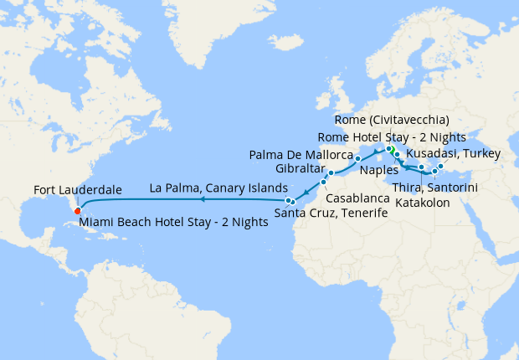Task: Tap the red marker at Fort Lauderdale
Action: click(x=77, y=210)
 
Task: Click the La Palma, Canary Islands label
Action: click(x=218, y=187)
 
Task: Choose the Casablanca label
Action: click(x=357, y=198)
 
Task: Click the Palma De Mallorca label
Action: click(x=301, y=156)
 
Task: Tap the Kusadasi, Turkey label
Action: click(x=453, y=154)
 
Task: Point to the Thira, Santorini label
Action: click(x=434, y=188)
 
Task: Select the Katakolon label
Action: click(x=422, y=203)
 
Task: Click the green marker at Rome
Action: click(x=389, y=149)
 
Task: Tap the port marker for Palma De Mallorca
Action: click(x=357, y=157)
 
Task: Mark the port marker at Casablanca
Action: click(x=323, y=182)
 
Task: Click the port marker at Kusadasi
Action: click(x=441, y=166)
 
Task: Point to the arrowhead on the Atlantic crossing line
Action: click(x=203, y=199)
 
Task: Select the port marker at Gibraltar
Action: click(x=330, y=173)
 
